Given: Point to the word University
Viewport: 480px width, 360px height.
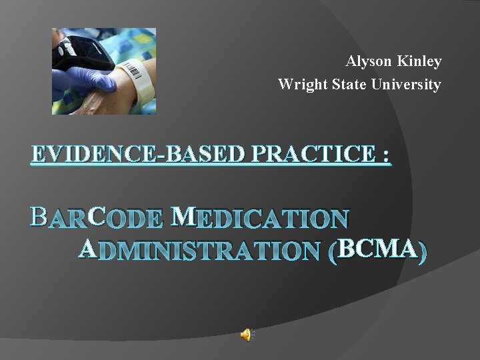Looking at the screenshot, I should pyautogui.click(x=408, y=85).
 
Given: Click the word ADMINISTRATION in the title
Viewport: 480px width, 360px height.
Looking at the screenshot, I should pyautogui.click(x=200, y=250).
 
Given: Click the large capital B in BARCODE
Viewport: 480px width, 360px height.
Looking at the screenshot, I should pyautogui.click(x=39, y=217).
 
